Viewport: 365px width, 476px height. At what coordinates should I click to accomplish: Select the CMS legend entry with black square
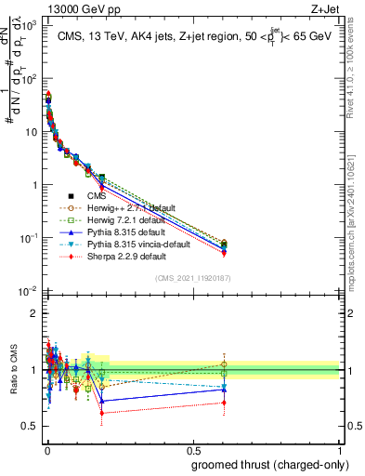[98, 196]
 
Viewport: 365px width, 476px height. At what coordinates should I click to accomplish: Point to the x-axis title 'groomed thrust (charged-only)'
[271, 464]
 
